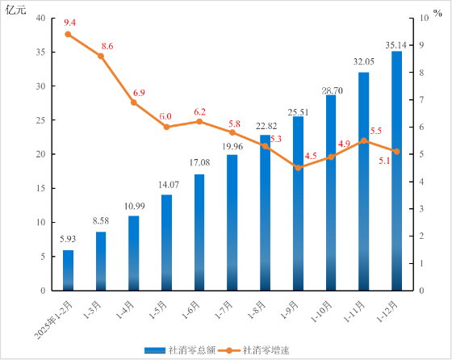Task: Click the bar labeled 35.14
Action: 396,170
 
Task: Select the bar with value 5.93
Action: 68,270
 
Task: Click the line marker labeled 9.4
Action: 68,34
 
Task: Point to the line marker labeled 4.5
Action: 298,168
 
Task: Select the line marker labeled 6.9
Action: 134,103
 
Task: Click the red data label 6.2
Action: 199,111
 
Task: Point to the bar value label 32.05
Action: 363,61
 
